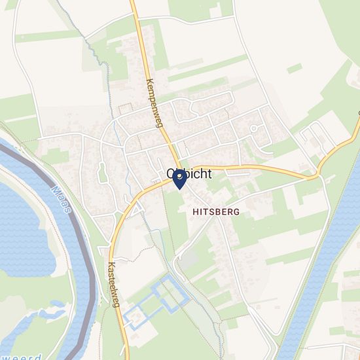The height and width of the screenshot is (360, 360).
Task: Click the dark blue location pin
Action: [x=178, y=180]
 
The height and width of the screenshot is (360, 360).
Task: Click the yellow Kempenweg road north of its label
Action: [x=139, y=33]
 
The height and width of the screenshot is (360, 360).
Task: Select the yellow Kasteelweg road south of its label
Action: [x=122, y=327]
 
